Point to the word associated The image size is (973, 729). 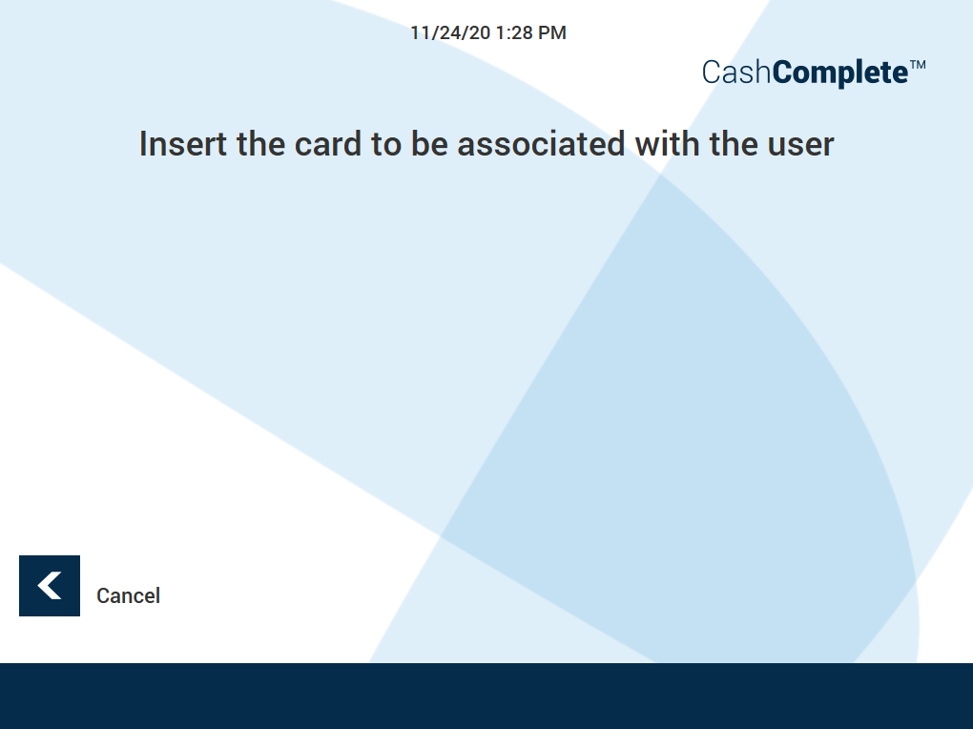pos(538,144)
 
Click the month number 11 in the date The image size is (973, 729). pos(419,33)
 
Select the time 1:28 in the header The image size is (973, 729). pos(515,33)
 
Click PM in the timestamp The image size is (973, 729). pos(552,33)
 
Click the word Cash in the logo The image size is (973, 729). pos(735,73)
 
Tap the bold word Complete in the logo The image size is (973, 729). pos(838,73)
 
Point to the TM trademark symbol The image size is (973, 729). pos(918,65)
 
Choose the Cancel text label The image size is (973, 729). pos(128,596)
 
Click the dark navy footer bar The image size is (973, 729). pos(486,696)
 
